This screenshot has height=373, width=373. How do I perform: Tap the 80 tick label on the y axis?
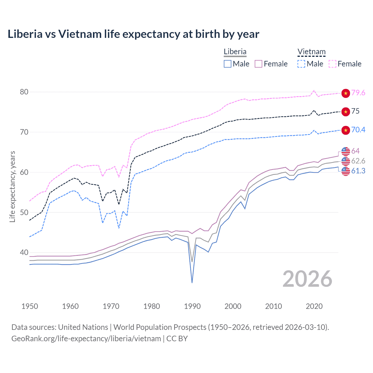coord(24,92)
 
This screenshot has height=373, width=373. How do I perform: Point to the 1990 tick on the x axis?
coord(192,306)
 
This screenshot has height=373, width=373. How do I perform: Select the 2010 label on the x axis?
coord(273,306)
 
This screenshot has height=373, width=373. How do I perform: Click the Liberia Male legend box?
coord(228,64)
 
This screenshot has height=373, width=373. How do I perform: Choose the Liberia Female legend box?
coord(258,64)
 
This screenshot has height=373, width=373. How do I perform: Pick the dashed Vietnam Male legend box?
coord(301,64)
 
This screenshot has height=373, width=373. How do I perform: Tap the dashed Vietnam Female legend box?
coord(332,64)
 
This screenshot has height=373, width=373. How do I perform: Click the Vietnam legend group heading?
coord(311,52)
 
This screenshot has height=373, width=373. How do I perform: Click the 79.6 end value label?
coord(358,93)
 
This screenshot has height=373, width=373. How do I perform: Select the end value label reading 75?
coord(355,111)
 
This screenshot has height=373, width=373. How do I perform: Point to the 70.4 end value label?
coord(358,130)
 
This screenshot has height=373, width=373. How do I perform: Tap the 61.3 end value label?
coord(358,171)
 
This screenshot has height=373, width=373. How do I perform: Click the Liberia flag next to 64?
coord(346,151)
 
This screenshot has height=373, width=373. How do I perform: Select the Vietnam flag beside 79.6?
coord(346,93)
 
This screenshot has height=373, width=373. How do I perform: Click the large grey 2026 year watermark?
coord(307,279)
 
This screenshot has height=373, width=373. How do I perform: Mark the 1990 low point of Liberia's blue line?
coord(192,282)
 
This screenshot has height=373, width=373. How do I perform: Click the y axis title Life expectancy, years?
coord(12,186)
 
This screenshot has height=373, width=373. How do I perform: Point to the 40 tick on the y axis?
coord(24,253)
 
